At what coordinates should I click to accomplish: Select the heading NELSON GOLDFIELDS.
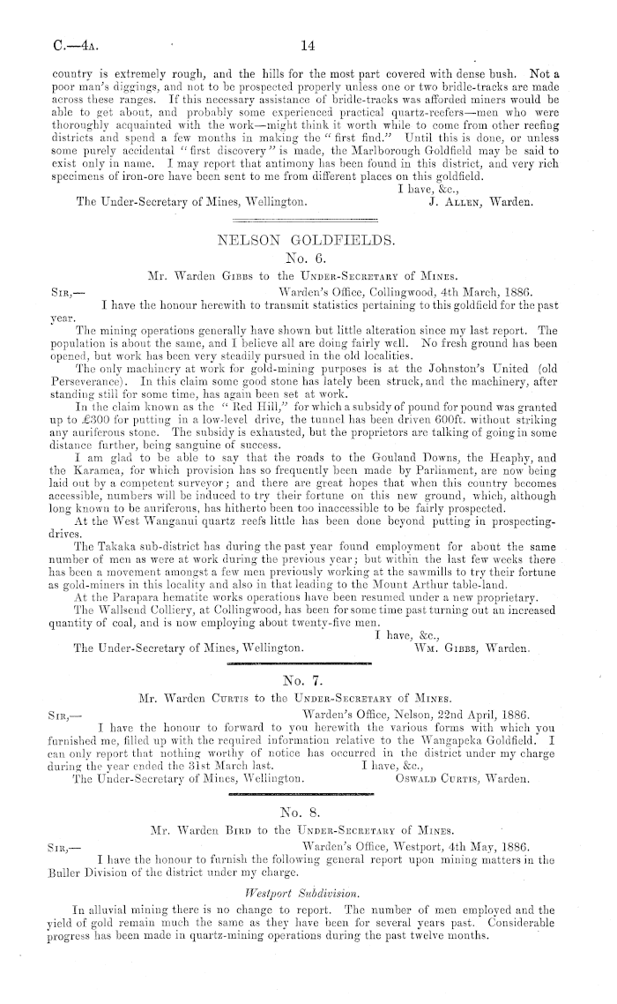pyautogui.click(x=308, y=238)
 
